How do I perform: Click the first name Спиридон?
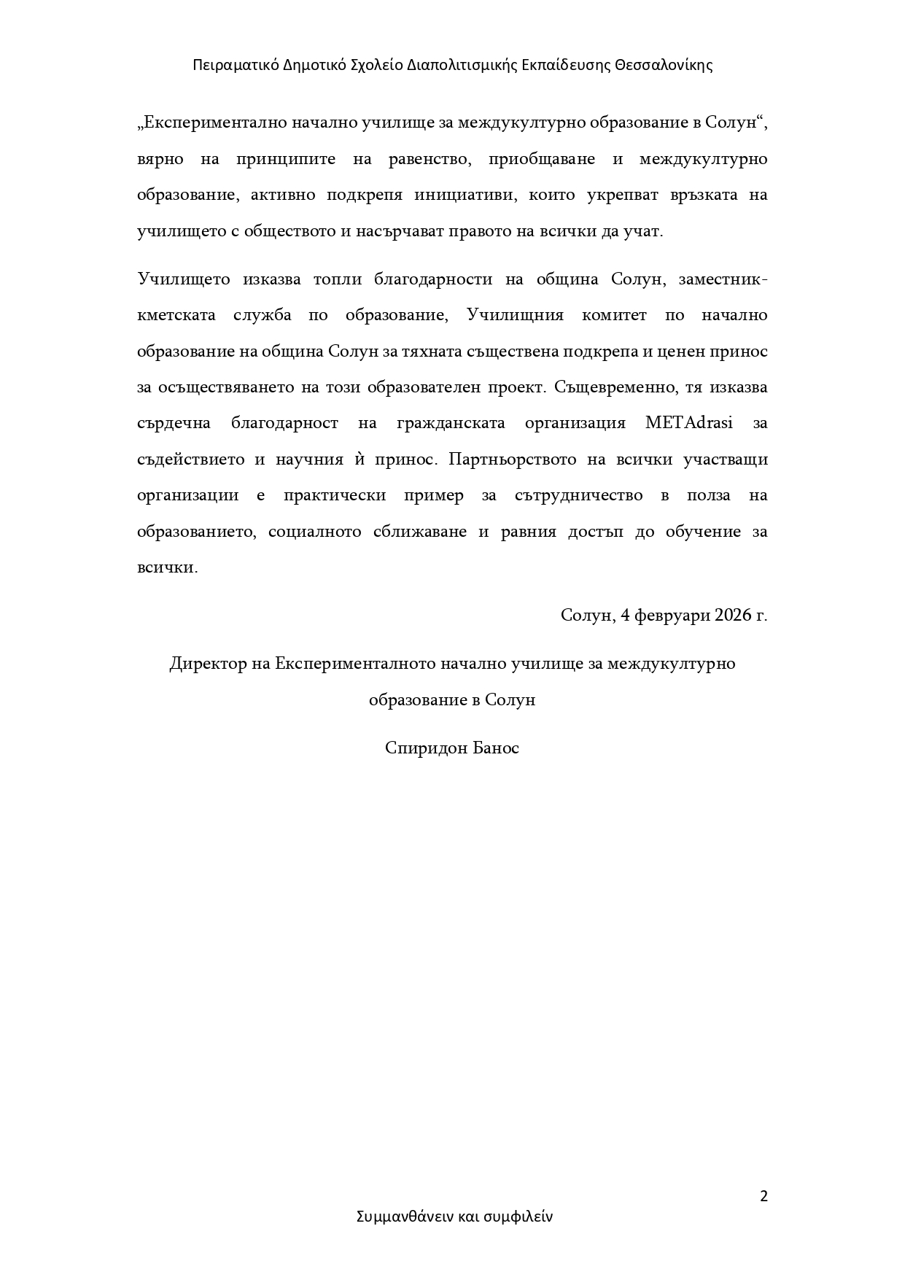tap(424, 748)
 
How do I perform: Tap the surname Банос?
tap(496, 748)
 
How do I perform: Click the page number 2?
tap(764, 1196)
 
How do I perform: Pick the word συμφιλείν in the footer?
tap(518, 1217)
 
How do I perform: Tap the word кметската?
tap(176, 315)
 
